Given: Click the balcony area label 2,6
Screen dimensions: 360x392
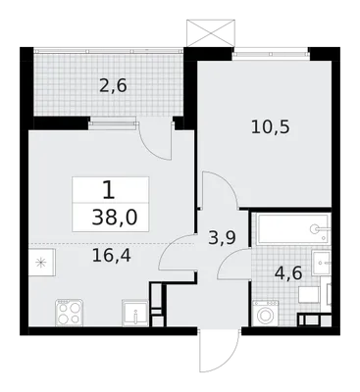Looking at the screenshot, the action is [x=113, y=87].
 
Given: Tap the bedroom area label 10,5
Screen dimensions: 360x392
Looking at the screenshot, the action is [x=271, y=126].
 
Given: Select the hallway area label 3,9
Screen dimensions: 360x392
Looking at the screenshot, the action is [x=222, y=238].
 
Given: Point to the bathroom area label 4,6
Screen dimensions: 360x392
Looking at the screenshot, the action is [x=288, y=273].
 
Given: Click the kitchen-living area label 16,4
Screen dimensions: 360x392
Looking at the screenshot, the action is [x=112, y=256].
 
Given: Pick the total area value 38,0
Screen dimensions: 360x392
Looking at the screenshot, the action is [x=115, y=218].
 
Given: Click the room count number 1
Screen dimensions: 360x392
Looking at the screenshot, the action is [x=109, y=191].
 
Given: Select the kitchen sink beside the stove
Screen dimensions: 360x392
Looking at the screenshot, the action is [x=135, y=313].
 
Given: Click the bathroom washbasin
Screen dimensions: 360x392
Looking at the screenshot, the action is [x=322, y=264].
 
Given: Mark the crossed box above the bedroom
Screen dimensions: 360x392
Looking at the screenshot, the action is [x=211, y=32].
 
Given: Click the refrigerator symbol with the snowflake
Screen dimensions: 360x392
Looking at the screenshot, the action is [x=41, y=263].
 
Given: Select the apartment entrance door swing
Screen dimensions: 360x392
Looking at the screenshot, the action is [x=219, y=352].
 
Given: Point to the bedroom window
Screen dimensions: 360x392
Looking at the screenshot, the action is [x=271, y=52].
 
